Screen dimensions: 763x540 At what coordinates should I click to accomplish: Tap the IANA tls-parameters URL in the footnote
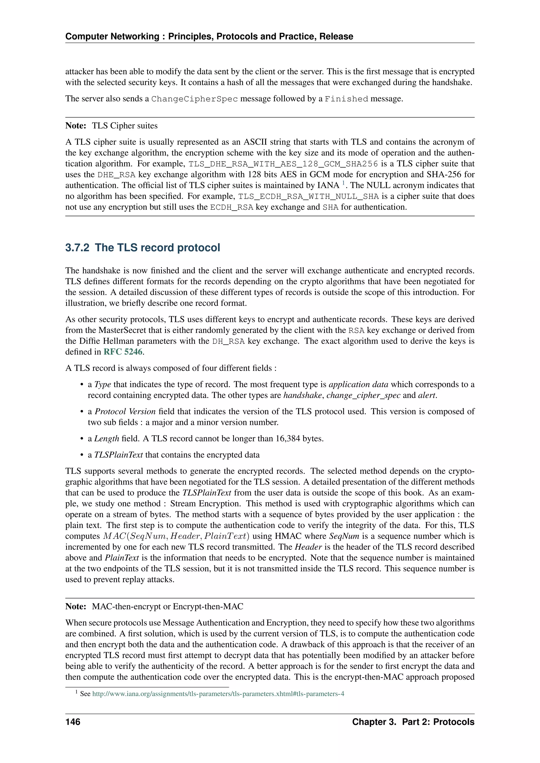tap(218, 693)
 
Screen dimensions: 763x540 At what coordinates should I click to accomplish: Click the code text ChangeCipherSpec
tap(195, 99)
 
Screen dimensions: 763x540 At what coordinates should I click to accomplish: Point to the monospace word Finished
tap(346, 99)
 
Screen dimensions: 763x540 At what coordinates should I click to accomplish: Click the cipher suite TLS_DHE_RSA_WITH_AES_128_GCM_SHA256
tap(283, 164)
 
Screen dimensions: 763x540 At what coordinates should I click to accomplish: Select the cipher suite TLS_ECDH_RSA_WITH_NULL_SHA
tap(308, 196)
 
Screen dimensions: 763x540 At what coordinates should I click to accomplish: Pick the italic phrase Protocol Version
tap(125, 412)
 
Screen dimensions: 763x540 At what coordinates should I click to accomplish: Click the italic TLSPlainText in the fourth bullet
tap(118, 455)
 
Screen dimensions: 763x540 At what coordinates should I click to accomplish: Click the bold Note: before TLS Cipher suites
tap(76, 126)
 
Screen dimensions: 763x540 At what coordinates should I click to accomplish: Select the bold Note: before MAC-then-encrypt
tap(76, 607)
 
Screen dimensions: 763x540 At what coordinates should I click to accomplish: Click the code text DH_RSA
tap(228, 341)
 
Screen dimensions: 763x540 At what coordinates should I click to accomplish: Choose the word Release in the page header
tap(336, 37)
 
